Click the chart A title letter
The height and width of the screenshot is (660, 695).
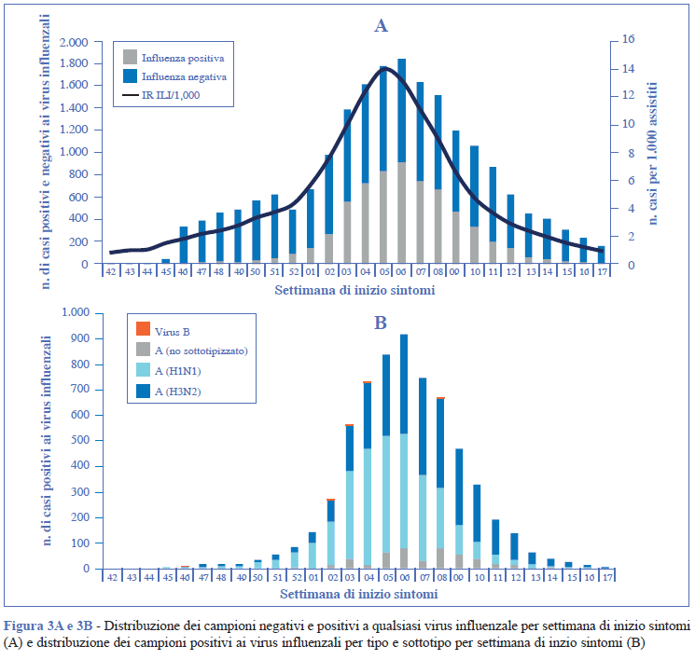point(381,26)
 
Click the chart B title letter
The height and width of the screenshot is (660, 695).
point(381,323)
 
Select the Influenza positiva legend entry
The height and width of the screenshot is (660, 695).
point(182,57)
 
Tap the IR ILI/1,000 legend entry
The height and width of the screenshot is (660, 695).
point(170,95)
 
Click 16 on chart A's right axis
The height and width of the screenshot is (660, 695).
point(629,40)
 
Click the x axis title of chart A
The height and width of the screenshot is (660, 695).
point(354,291)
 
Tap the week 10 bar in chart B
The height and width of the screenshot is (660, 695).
point(477,527)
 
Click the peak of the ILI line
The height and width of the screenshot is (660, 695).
point(383,68)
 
